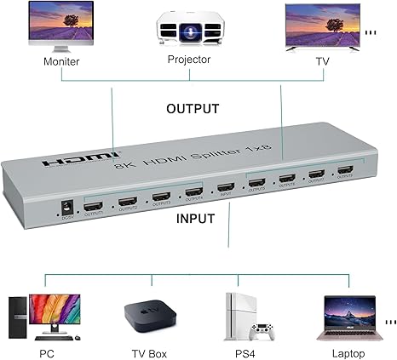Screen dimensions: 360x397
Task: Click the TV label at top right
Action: click(x=321, y=62)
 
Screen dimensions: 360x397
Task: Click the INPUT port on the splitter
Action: click(x=224, y=189)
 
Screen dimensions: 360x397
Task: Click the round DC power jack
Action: click(x=65, y=204)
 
